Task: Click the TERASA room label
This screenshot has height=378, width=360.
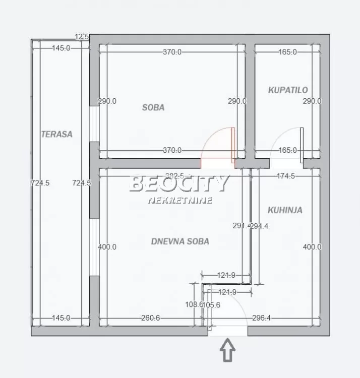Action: [56, 134]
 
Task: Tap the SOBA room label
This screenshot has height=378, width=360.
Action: [153, 107]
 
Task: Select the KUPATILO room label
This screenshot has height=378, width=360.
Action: [288, 90]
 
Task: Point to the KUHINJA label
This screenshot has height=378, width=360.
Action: [285, 210]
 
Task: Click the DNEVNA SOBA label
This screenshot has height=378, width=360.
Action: [180, 241]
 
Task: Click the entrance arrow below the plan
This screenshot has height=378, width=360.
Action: [228, 350]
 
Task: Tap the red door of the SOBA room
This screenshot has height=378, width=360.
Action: [217, 147]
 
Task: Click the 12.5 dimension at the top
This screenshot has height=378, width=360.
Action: [82, 36]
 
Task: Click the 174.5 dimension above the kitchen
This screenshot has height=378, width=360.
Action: [286, 176]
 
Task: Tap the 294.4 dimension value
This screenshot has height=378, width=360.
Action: [260, 226]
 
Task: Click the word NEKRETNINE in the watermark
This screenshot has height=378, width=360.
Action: [180, 200]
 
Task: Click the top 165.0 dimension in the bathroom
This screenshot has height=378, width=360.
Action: [287, 52]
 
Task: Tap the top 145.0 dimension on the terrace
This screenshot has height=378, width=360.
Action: [61, 48]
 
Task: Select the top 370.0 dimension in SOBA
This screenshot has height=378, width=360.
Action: [172, 52]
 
